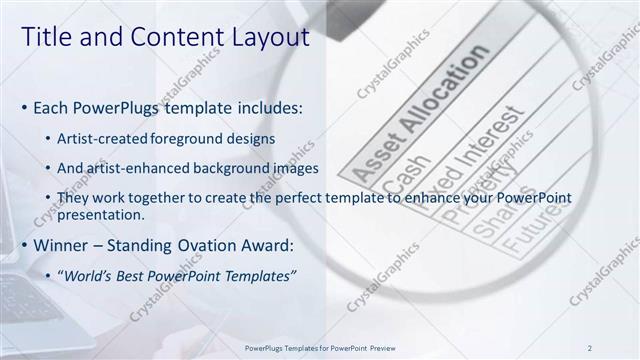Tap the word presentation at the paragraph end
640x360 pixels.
(103, 214)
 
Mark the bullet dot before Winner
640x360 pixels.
(24, 245)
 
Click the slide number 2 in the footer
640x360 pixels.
(590, 347)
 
